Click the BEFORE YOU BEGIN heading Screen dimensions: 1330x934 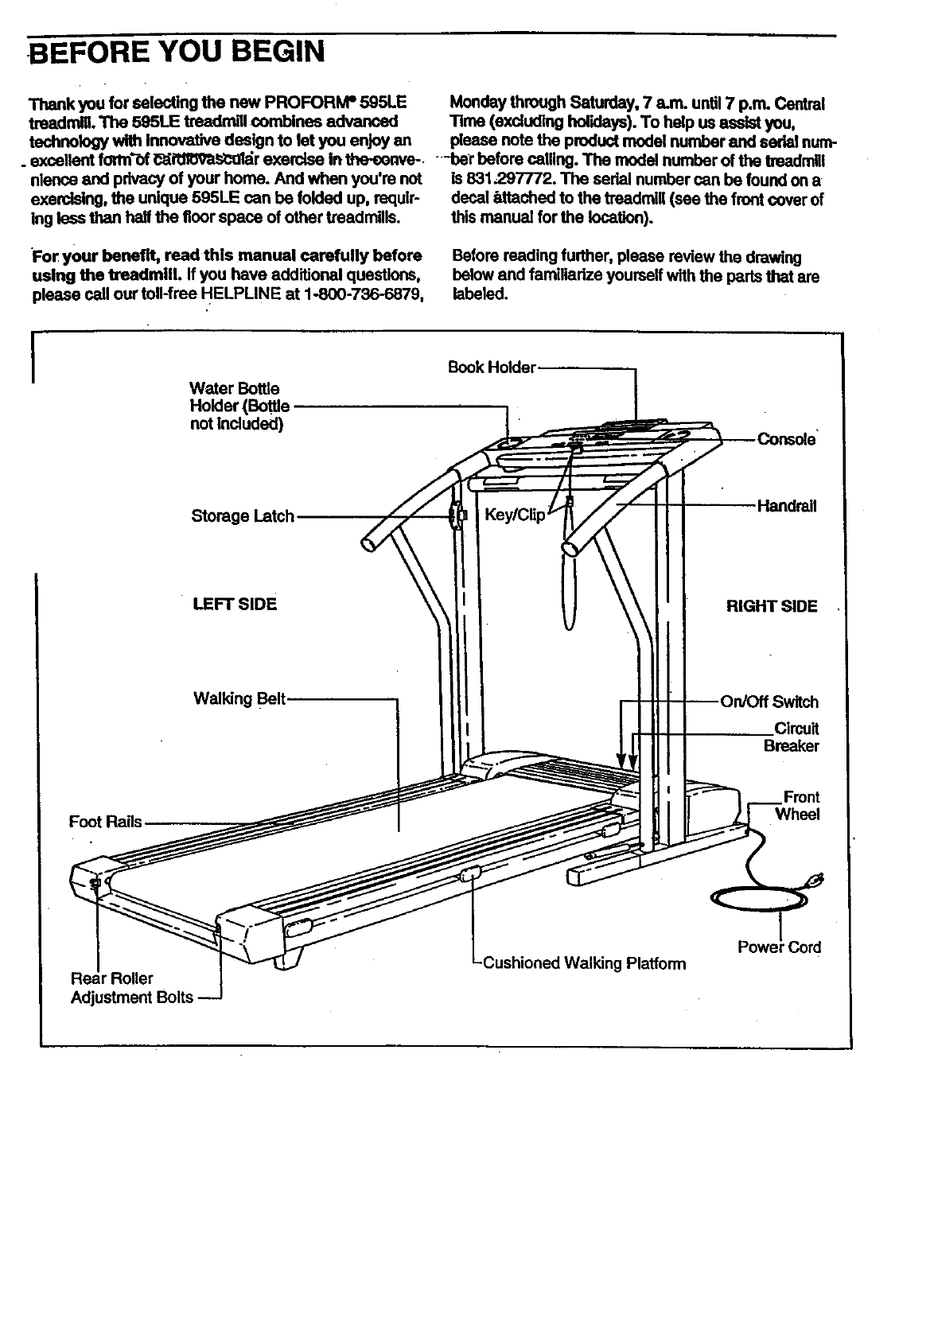(x=176, y=52)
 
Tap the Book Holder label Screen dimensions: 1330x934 (x=492, y=367)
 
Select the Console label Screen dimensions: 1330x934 (x=786, y=439)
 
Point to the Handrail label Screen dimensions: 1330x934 (x=787, y=506)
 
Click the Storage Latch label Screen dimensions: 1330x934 (x=243, y=516)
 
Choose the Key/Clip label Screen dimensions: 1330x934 (x=515, y=515)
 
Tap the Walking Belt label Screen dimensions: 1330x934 (x=239, y=699)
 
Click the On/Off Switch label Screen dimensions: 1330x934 (x=769, y=702)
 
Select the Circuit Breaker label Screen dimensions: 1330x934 (x=791, y=737)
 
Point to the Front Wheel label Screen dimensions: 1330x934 (x=797, y=806)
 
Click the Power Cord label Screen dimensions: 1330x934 (x=779, y=947)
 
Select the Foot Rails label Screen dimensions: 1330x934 (x=105, y=822)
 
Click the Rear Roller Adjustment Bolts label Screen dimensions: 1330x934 (x=131, y=988)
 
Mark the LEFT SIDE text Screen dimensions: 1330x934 (x=235, y=604)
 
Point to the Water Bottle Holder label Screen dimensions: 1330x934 (x=239, y=406)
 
